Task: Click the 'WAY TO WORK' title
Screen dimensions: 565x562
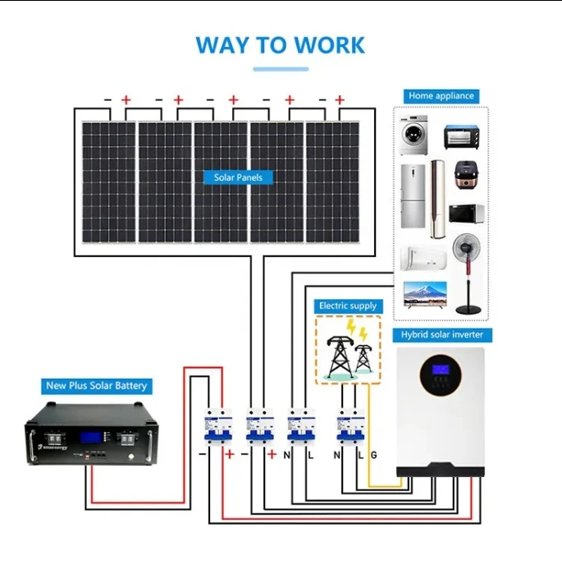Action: [x=281, y=44]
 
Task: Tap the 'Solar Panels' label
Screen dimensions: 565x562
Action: [x=238, y=177]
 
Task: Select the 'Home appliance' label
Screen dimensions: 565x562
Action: [x=441, y=96]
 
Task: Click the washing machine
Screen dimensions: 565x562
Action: [x=414, y=136]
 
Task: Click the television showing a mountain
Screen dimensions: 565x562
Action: [x=425, y=294]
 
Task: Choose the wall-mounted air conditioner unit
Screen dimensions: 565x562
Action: [x=423, y=256]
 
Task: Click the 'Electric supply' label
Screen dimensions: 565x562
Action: [x=348, y=305]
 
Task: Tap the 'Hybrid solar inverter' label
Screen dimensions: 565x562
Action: [x=442, y=335]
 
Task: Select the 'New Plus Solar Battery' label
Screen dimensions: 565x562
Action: [x=98, y=385]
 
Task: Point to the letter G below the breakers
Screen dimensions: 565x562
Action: [x=373, y=454]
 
